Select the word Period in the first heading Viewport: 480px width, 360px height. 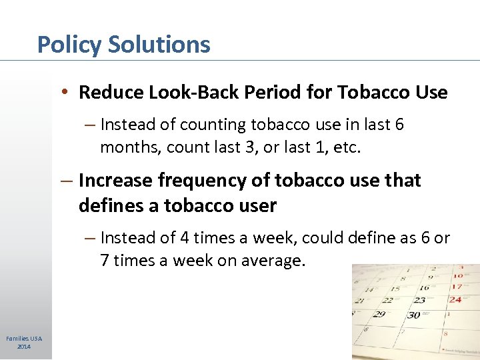tap(273, 92)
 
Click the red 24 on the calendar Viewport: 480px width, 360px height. tap(455, 299)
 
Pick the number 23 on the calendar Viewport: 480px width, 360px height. tap(419, 300)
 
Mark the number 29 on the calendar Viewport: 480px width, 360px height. tap(379, 314)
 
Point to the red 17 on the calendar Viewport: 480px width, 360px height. tap(457, 287)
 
